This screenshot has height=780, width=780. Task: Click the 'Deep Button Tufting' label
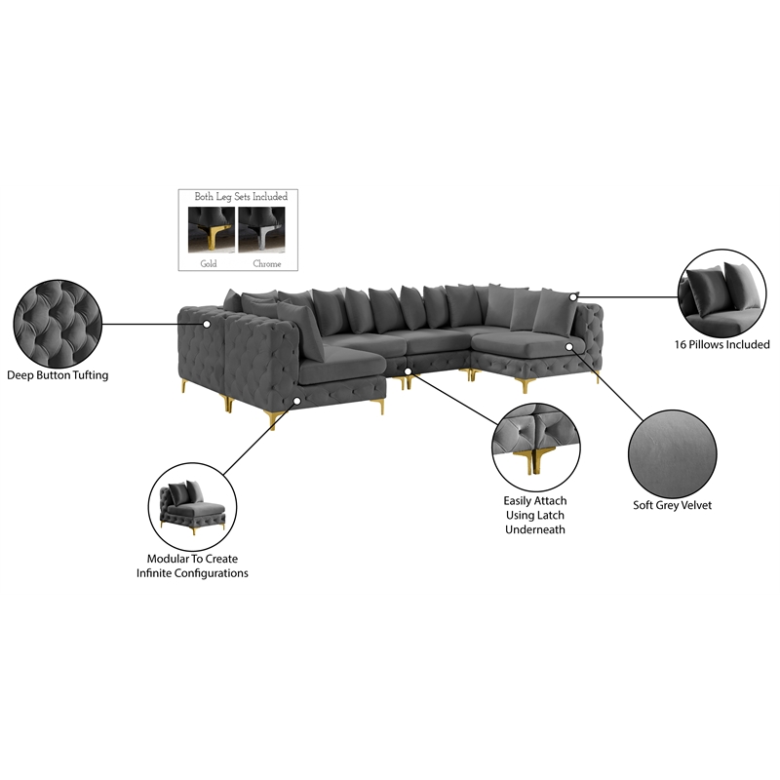(58, 375)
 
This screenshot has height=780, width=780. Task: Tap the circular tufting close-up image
(58, 324)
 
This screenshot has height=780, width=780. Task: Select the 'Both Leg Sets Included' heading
(241, 197)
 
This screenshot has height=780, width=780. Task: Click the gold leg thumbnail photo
(212, 230)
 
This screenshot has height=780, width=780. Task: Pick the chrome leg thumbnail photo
(261, 230)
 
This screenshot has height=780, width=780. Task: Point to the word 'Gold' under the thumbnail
(209, 263)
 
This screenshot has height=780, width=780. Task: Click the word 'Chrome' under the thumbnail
(267, 263)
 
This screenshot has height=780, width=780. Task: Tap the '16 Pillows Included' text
(721, 344)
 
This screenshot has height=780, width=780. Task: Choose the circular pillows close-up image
(722, 293)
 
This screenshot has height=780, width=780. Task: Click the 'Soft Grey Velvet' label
(672, 505)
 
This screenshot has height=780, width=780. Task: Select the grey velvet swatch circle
(673, 453)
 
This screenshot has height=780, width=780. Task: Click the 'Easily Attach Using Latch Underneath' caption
(535, 515)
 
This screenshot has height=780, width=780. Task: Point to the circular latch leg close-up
(535, 448)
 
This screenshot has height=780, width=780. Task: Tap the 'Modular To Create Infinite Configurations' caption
(192, 566)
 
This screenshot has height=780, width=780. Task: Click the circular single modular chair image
(192, 507)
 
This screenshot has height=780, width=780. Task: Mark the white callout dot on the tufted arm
(207, 324)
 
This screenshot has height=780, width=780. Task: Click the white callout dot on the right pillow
(573, 297)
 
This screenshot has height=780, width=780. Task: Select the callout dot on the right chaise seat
(569, 346)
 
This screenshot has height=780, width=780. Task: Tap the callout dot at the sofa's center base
(408, 371)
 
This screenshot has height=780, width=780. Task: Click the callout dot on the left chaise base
(296, 401)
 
